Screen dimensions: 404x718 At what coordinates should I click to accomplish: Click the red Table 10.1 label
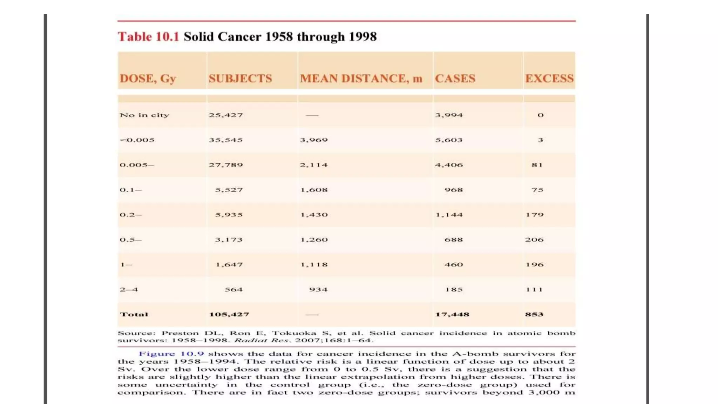click(148, 37)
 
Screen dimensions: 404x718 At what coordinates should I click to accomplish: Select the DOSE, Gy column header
click(148, 79)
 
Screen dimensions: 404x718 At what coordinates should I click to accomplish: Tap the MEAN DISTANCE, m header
click(361, 79)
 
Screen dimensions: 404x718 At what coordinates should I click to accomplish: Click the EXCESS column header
click(549, 79)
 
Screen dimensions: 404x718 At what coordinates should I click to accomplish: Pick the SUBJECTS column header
click(240, 79)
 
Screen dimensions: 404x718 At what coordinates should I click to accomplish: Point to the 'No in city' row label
click(144, 115)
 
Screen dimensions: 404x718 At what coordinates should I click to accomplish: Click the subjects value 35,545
click(226, 140)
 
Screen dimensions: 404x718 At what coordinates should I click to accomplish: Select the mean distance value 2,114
click(314, 165)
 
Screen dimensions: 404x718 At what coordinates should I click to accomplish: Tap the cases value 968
click(454, 190)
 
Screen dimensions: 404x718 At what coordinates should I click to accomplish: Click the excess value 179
click(534, 215)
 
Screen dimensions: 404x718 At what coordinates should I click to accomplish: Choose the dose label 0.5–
click(130, 240)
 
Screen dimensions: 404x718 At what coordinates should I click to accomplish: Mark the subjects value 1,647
click(229, 265)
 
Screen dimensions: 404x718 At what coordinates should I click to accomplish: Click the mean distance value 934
click(318, 290)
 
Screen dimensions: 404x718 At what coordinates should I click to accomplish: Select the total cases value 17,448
click(452, 315)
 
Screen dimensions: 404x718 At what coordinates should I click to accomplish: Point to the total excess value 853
click(534, 315)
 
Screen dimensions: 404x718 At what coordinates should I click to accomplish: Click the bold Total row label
click(134, 315)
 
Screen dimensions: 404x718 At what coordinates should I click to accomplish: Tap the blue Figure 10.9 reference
click(171, 354)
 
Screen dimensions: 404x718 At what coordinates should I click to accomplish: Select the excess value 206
click(534, 240)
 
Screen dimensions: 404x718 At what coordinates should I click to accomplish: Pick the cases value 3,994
click(449, 115)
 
